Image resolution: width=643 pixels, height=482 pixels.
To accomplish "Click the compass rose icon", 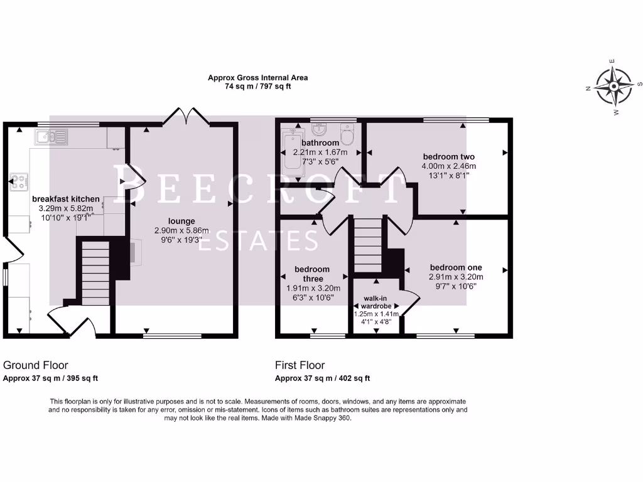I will click(613, 87).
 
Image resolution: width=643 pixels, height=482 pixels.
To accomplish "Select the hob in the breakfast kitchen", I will click(19, 182).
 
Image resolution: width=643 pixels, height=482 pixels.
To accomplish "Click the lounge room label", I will click(181, 221).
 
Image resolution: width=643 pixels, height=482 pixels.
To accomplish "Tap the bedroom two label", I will click(448, 157).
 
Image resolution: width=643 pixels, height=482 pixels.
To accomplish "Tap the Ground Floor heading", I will click(36, 365).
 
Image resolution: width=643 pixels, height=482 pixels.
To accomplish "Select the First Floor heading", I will click(300, 365).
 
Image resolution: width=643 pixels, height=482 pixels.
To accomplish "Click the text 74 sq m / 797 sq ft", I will click(258, 87).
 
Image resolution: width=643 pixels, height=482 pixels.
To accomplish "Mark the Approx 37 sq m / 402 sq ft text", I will click(322, 378).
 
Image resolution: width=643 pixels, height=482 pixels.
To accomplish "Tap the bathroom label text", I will click(321, 142).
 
